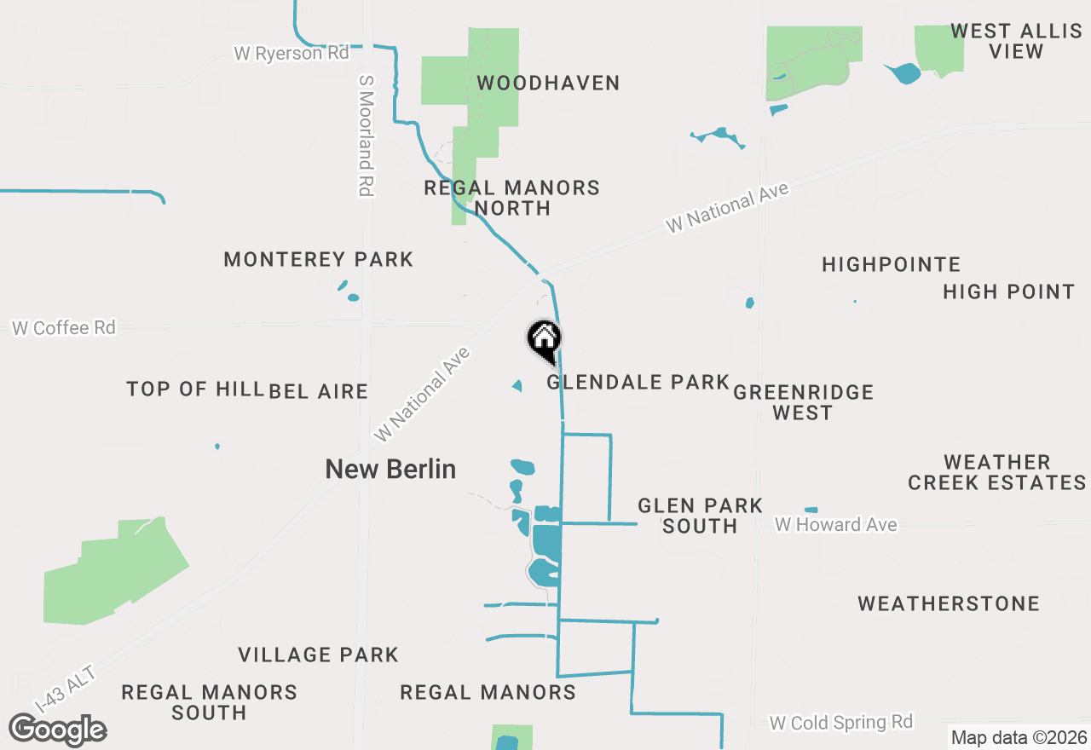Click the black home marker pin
tap(545, 340)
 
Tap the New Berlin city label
tap(390, 469)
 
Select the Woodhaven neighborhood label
tap(548, 83)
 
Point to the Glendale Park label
tap(638, 382)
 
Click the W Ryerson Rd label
tap(292, 53)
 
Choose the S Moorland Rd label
tap(367, 135)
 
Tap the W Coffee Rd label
tap(64, 327)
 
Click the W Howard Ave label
tap(835, 524)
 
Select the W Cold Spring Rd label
tap(840, 723)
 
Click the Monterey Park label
tap(318, 259)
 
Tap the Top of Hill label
tap(194, 389)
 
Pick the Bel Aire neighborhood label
tap(318, 391)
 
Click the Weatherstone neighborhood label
tap(949, 603)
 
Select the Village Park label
tap(318, 655)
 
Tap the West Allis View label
tap(1016, 41)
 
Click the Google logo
tap(57, 730)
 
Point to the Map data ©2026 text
tap(1019, 737)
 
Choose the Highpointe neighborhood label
tap(891, 264)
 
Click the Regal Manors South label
tap(209, 702)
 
